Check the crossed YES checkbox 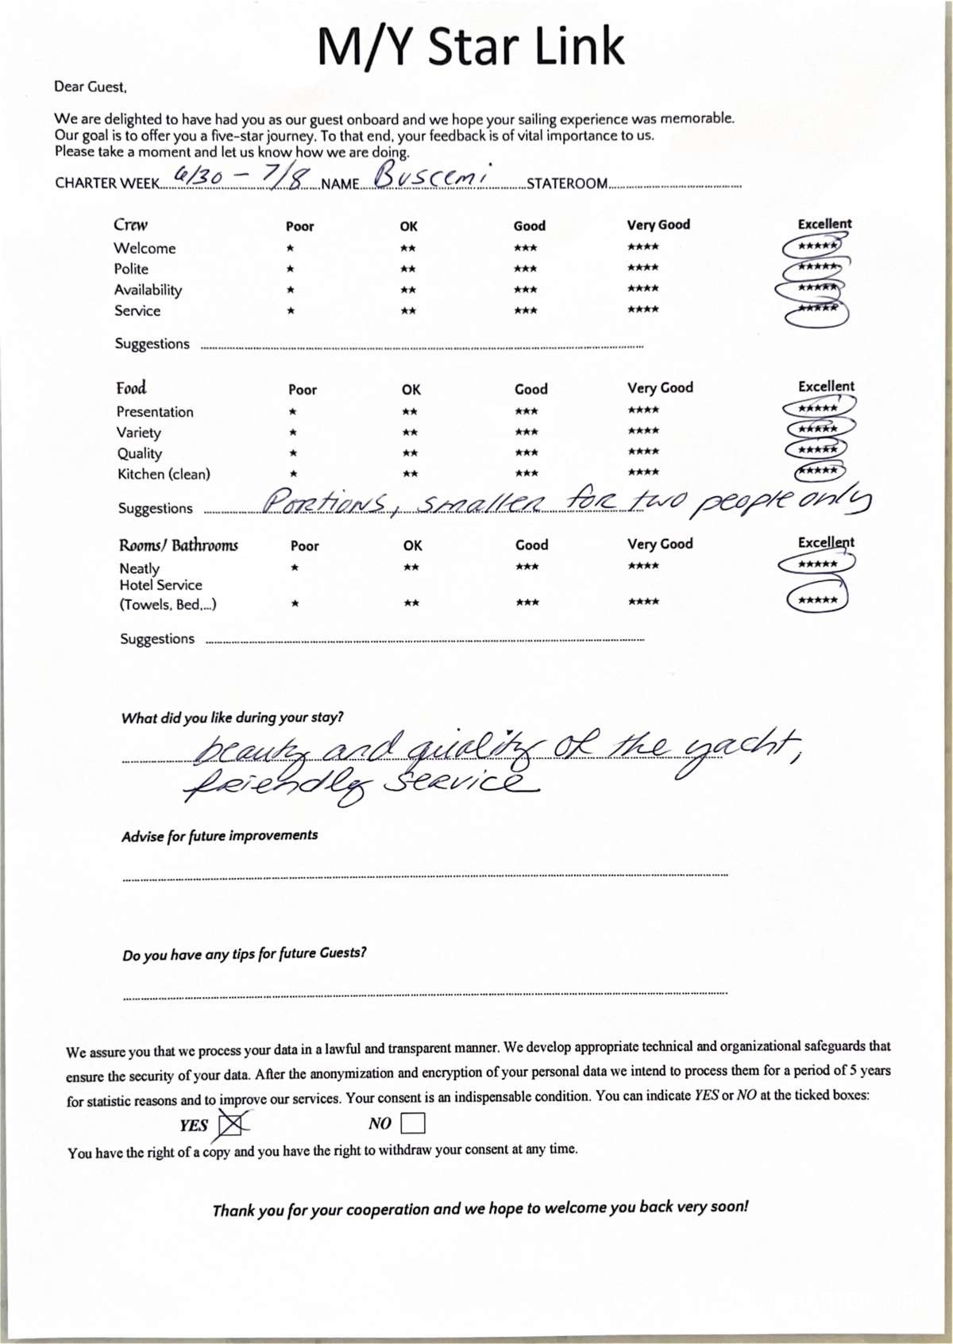pyautogui.click(x=231, y=1124)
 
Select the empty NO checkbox pyautogui.click(x=413, y=1123)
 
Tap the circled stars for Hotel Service pyautogui.click(x=817, y=600)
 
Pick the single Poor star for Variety pyautogui.click(x=293, y=433)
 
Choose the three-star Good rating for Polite pyautogui.click(x=525, y=269)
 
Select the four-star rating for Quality pyautogui.click(x=642, y=452)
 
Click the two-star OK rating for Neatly pyautogui.click(x=411, y=567)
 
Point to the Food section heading pyautogui.click(x=131, y=388)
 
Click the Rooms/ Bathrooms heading pyautogui.click(x=179, y=545)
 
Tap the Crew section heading pyautogui.click(x=130, y=225)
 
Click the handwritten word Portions pyautogui.click(x=326, y=502)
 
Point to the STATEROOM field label pyautogui.click(x=567, y=184)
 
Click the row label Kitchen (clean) pyautogui.click(x=164, y=475)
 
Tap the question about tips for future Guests pyautogui.click(x=245, y=953)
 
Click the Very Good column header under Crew pyautogui.click(x=658, y=225)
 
